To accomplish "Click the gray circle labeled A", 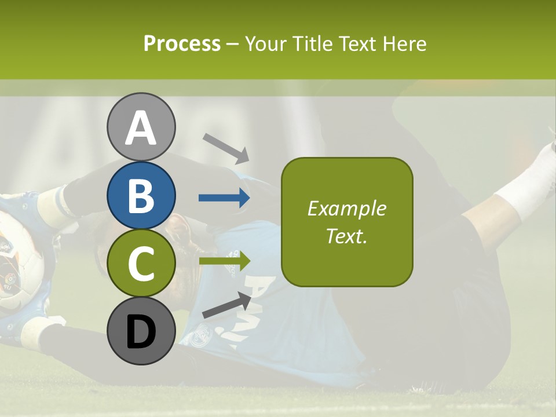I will pyautogui.click(x=141, y=127).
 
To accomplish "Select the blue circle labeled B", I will pyautogui.click(x=141, y=195).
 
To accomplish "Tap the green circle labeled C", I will pyautogui.click(x=141, y=264).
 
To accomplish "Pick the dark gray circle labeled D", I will pyautogui.click(x=141, y=332).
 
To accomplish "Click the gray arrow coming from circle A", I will pyautogui.click(x=226, y=148).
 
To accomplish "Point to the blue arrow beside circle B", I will pyautogui.click(x=224, y=198).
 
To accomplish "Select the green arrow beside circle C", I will pyautogui.click(x=224, y=261).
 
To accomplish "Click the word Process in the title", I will pyautogui.click(x=182, y=44).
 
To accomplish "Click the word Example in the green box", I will pyautogui.click(x=346, y=209).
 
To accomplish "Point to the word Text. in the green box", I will pyautogui.click(x=346, y=236).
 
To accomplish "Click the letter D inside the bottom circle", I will pyautogui.click(x=141, y=333).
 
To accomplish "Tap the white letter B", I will pyautogui.click(x=141, y=196).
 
